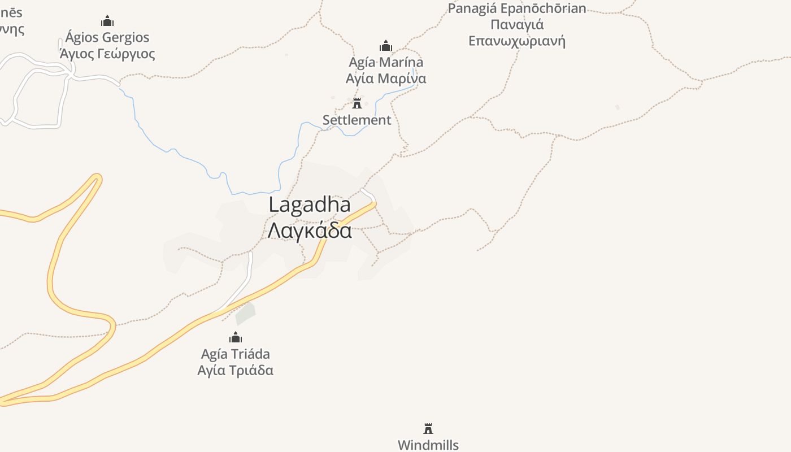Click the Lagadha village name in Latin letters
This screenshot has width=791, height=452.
point(309,205)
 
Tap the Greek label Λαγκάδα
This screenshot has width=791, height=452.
point(309,231)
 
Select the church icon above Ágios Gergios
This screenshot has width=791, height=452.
point(107,22)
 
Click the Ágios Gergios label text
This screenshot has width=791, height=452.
point(107,37)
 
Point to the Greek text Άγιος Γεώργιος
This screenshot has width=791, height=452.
point(107,54)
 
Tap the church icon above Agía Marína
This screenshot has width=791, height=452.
point(386,46)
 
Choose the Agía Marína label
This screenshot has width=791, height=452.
point(386,62)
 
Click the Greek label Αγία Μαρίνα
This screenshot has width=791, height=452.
point(386,79)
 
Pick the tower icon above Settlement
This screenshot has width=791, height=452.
point(357,103)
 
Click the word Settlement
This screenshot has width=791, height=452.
point(357,120)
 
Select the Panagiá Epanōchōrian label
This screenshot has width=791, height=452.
point(517,8)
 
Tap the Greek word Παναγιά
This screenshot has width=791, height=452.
point(517,25)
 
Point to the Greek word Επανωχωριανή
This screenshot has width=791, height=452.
point(517,41)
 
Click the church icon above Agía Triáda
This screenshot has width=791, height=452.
point(236,338)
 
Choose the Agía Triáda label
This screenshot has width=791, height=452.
point(236,354)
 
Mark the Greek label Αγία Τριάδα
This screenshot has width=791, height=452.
point(236,371)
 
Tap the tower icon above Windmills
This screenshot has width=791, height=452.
point(428,429)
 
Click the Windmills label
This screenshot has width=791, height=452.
point(428,445)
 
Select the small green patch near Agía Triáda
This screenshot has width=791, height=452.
point(246,313)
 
